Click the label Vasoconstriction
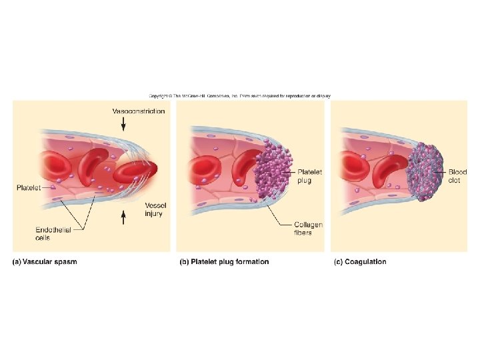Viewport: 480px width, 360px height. pyautogui.click(x=138, y=111)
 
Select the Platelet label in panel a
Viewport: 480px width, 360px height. pyautogui.click(x=27, y=188)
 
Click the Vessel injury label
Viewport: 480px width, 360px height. pyautogui.click(x=153, y=209)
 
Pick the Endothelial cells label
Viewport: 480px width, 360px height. pyautogui.click(x=50, y=233)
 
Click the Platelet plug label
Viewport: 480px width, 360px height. pyautogui.click(x=309, y=176)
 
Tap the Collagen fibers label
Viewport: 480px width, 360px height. pyautogui.click(x=308, y=229)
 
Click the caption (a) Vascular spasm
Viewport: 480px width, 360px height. pyautogui.click(x=45, y=262)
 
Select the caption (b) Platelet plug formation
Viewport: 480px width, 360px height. pyautogui.click(x=225, y=262)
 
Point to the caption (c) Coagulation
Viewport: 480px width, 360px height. pyautogui.click(x=359, y=262)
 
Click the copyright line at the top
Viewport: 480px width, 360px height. pyautogui.click(x=239, y=95)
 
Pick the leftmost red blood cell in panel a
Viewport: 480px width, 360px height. pyautogui.click(x=50, y=166)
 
